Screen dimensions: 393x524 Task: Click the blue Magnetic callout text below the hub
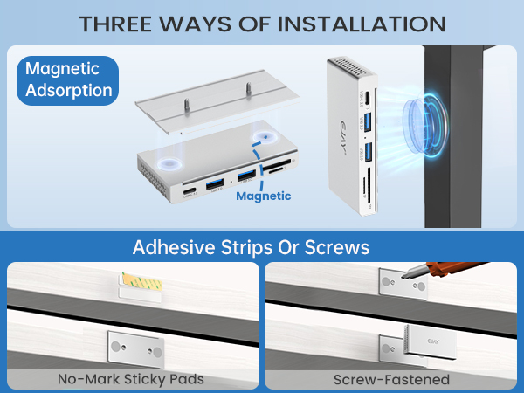point(263,196)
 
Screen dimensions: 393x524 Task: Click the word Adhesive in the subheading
point(170,247)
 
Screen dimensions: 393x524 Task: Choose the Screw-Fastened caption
point(391,379)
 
